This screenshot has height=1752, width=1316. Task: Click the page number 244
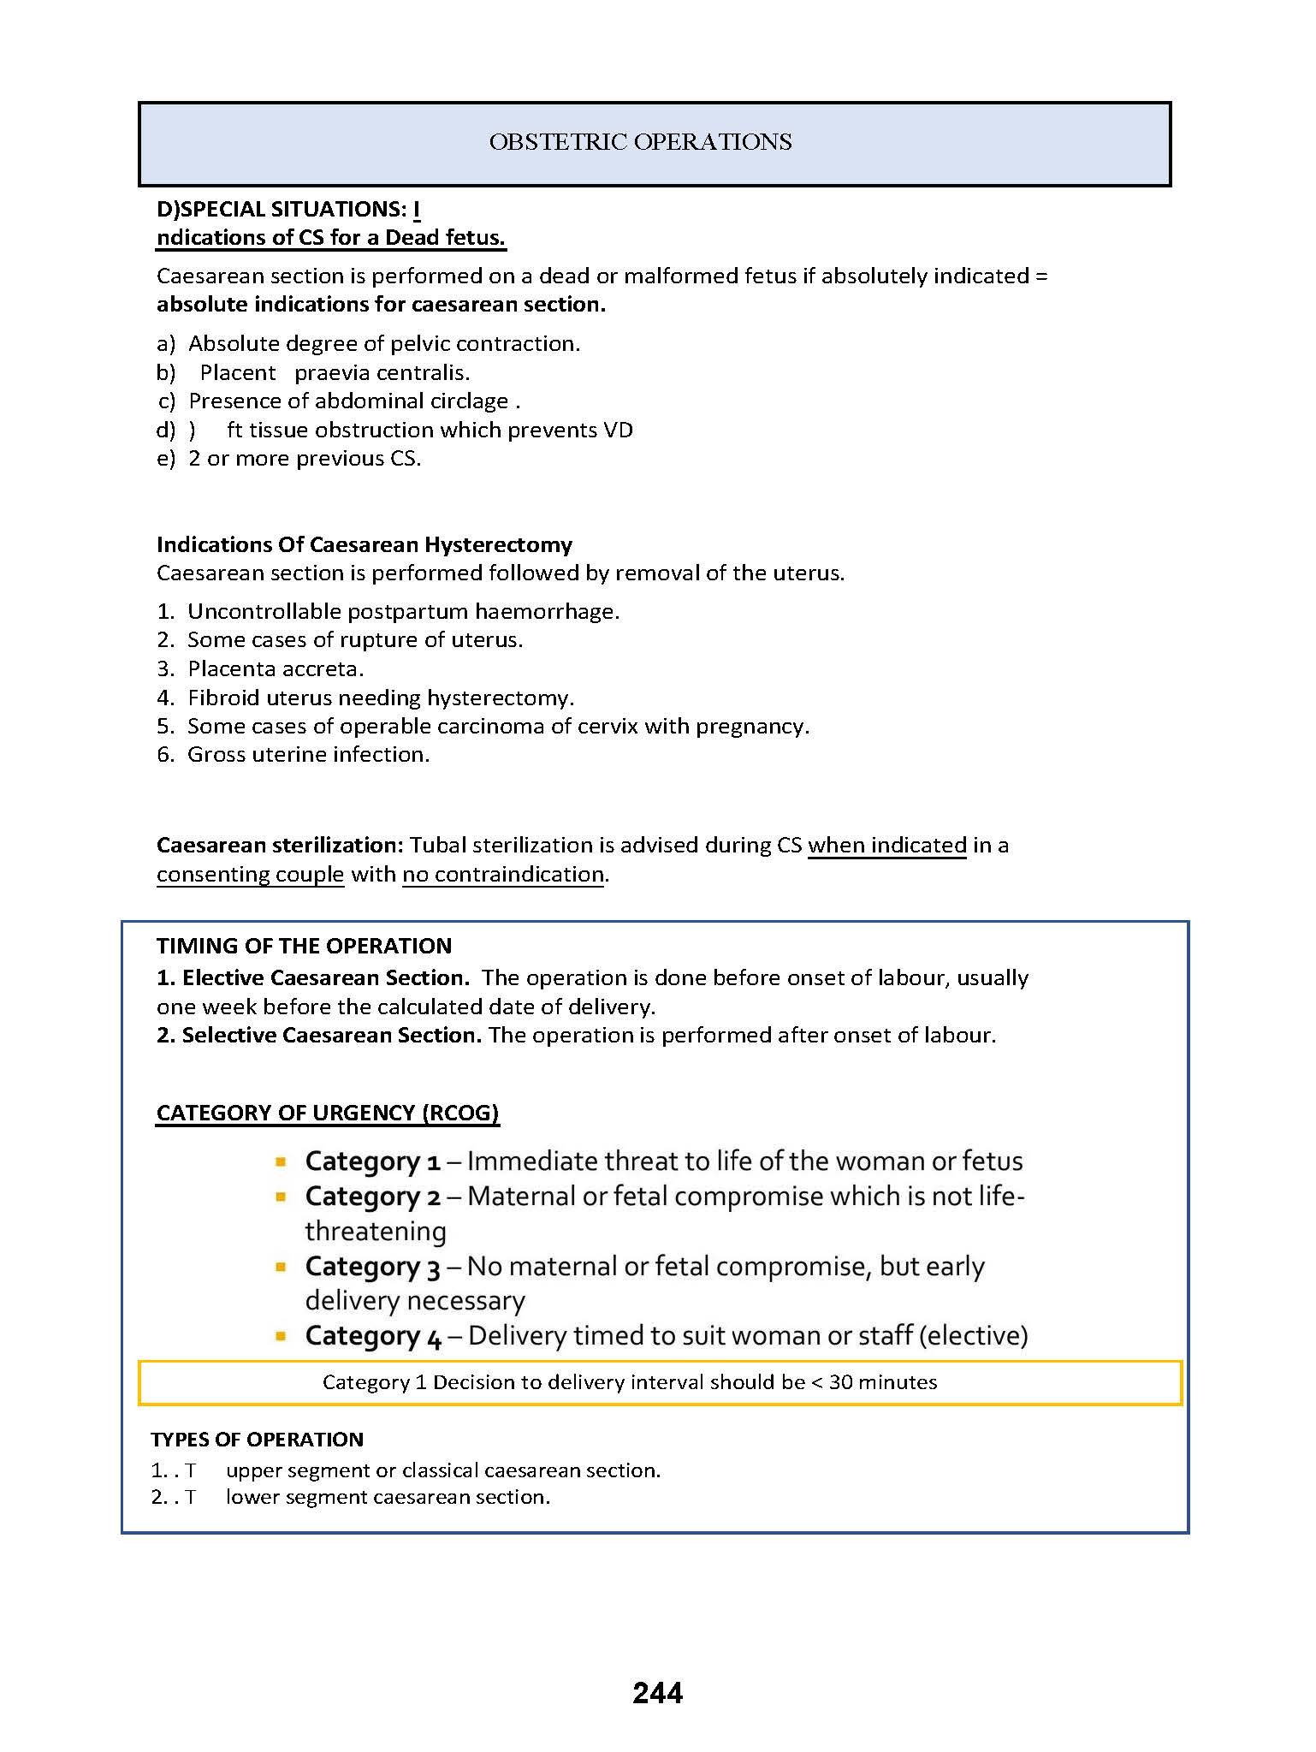(x=657, y=1693)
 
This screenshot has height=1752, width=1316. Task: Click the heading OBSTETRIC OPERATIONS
(x=640, y=142)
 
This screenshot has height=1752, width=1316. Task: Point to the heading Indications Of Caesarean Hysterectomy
(x=365, y=545)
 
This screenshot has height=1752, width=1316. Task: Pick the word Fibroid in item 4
(x=224, y=698)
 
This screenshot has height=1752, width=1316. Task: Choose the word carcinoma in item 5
(x=489, y=727)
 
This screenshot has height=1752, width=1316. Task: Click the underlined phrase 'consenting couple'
(x=250, y=875)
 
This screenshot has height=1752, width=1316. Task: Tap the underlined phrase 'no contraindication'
(x=503, y=875)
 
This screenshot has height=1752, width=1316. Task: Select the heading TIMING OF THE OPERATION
(x=304, y=947)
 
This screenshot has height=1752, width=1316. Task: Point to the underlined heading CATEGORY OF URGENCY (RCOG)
(x=327, y=1114)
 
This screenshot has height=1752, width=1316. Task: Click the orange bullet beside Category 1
(x=281, y=1162)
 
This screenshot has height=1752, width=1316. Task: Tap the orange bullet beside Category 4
(x=281, y=1336)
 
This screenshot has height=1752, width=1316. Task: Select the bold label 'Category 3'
(x=372, y=1268)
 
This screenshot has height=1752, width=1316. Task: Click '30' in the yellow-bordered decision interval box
(x=840, y=1383)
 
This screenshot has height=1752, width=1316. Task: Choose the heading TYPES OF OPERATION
(x=257, y=1440)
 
